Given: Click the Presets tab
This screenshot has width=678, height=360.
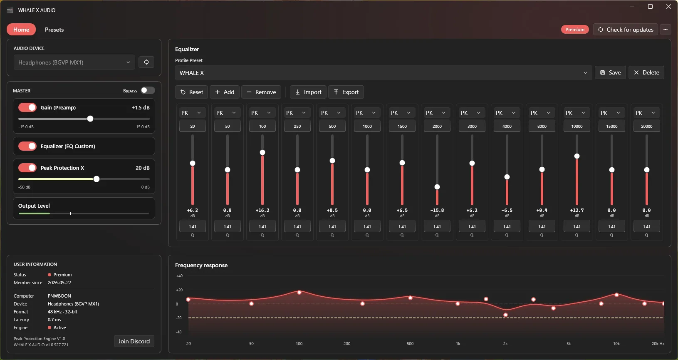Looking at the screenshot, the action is click(54, 30).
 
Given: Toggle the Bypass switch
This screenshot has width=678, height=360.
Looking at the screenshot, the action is click(148, 91).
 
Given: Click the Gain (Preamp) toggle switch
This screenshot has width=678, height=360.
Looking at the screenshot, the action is click(27, 107).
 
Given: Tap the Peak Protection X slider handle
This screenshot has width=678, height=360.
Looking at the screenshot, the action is click(97, 179).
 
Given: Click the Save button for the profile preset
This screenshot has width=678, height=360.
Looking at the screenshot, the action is click(610, 73).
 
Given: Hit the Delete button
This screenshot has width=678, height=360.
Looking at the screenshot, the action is click(646, 73).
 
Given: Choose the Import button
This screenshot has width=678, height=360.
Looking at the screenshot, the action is click(308, 92).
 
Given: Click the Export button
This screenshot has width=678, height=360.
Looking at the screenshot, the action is click(346, 92).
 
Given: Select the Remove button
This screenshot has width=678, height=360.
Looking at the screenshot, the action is click(261, 92).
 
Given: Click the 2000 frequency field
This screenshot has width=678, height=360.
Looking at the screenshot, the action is click(437, 126).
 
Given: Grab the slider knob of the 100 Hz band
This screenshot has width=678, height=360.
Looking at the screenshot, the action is click(262, 152).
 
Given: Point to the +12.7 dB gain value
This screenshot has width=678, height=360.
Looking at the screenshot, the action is click(577, 210).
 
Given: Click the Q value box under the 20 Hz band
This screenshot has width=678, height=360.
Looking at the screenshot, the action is click(193, 226).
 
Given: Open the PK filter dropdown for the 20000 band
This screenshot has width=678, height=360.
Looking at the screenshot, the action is click(646, 113).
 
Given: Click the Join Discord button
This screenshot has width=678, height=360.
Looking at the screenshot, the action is click(134, 341).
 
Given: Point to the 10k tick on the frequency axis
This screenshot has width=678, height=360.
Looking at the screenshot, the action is click(616, 344).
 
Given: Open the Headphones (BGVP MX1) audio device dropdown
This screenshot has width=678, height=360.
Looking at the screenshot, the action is click(74, 62).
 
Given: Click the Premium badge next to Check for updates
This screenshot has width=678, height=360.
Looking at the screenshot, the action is click(575, 30).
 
